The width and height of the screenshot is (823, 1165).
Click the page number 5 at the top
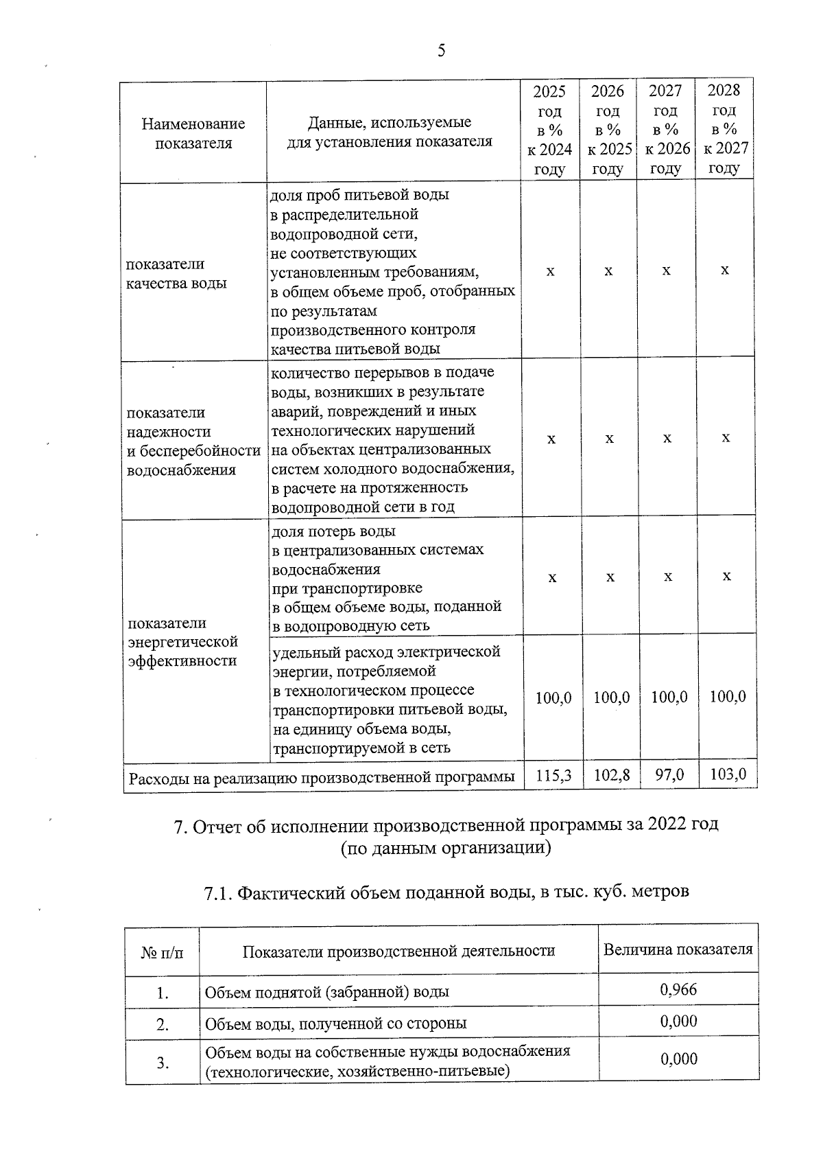[x=441, y=51]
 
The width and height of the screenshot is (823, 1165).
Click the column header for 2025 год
[x=549, y=130]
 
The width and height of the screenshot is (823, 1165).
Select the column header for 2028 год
[x=724, y=130]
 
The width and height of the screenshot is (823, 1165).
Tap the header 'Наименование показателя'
[x=193, y=133]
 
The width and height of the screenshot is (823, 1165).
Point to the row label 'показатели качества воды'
[x=177, y=274]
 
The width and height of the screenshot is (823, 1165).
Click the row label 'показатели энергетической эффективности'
[x=183, y=642]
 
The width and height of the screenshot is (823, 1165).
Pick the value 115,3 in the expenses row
[x=553, y=775]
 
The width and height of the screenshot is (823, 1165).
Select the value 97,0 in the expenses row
[x=669, y=775]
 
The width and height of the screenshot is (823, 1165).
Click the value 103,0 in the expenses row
[x=728, y=775]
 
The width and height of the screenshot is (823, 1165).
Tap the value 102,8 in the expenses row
[x=612, y=775]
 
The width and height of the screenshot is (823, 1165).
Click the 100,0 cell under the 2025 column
[x=553, y=697]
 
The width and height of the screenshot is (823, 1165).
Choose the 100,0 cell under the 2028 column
[x=728, y=697]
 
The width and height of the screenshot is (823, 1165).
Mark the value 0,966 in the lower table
[x=678, y=989]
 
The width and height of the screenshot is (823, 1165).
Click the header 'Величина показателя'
[x=678, y=949]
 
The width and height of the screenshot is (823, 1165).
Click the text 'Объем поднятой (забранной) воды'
[x=327, y=992]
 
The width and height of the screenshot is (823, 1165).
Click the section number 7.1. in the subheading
[x=219, y=892]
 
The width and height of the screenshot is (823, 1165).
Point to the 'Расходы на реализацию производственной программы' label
[x=322, y=778]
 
